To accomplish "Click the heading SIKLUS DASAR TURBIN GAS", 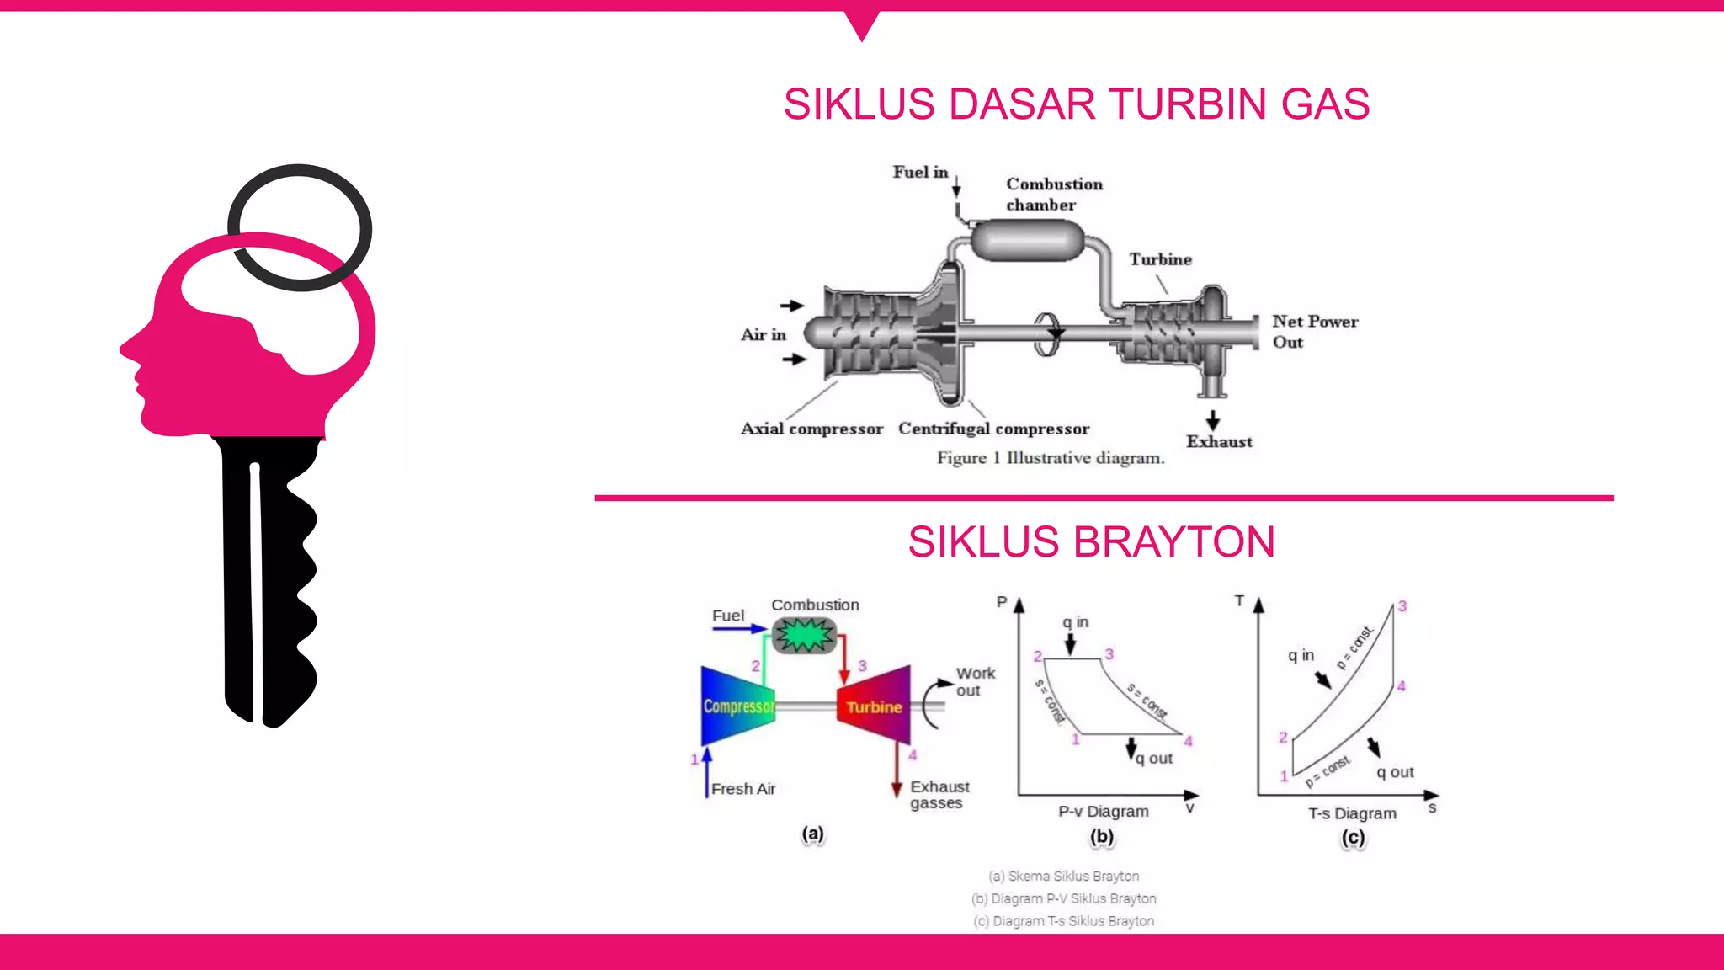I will coord(1076,104).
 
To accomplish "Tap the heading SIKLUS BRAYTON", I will coord(1091,541).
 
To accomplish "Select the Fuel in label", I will coord(920,172).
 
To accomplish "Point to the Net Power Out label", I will coord(1314,332).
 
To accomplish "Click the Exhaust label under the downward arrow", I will coord(1219,442).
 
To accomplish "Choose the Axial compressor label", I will coord(811,429).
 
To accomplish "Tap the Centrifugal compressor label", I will coord(993,429).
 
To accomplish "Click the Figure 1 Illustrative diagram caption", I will coord(1051,458).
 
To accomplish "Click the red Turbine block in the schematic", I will coord(875,706).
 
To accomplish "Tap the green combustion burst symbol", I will coord(804,636).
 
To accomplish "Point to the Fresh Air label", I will coord(742,789).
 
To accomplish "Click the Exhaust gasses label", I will coord(939,794).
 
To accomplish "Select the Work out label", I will coord(975,681).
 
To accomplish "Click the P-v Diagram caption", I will coord(1103,812).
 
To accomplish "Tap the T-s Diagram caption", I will coord(1352,813).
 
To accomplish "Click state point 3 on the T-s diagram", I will coord(1402,606).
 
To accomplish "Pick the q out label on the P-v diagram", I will coord(1154,759).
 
